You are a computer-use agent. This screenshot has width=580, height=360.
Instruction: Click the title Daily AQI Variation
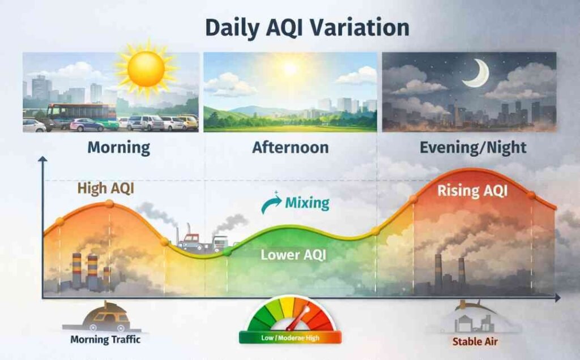tap(290, 27)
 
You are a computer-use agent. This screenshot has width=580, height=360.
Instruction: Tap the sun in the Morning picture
tap(146, 68)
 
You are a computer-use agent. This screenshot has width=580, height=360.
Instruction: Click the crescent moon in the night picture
tap(477, 74)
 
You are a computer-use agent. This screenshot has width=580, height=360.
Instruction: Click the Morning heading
tap(118, 148)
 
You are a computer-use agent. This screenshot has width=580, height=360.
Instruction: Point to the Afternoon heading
tap(290, 148)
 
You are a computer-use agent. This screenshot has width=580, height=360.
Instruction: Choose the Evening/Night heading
tap(473, 148)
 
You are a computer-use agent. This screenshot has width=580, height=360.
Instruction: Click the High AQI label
tap(105, 188)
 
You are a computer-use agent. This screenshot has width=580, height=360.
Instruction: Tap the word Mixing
tap(307, 203)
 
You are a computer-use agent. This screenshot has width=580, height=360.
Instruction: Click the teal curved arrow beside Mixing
tap(271, 204)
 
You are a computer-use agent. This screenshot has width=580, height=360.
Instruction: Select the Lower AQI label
tap(293, 255)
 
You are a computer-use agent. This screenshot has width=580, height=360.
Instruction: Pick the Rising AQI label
tap(472, 191)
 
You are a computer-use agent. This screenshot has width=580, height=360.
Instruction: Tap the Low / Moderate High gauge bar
tap(290, 338)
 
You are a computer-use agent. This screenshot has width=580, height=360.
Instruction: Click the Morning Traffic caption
tap(105, 340)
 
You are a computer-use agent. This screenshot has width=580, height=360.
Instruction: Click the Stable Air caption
tap(471, 341)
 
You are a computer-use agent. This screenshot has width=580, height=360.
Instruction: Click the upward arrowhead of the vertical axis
tap(42, 161)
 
